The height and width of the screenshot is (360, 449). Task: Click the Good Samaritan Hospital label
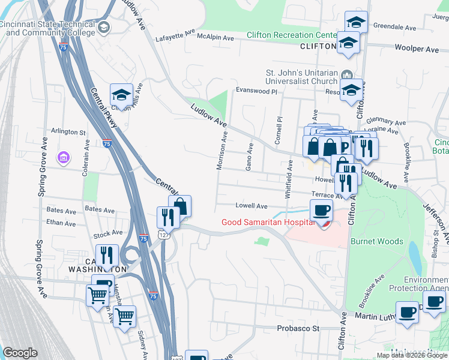pyautogui.click(x=268, y=222)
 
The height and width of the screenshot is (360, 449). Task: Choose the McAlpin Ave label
pyautogui.click(x=215, y=38)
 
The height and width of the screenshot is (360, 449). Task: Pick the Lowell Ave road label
pyautogui.click(x=251, y=206)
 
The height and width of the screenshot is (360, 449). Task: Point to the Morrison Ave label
pyautogui.click(x=223, y=148)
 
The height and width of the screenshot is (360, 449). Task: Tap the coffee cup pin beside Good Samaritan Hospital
pyautogui.click(x=321, y=210)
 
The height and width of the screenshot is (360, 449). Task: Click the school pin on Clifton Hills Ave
pyautogui.click(x=121, y=95)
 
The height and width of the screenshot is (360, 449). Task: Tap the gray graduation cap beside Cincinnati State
pyautogui.click(x=104, y=28)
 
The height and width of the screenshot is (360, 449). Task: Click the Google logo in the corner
pyautogui.click(x=20, y=353)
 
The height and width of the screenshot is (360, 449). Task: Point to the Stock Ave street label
pyautogui.click(x=108, y=233)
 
